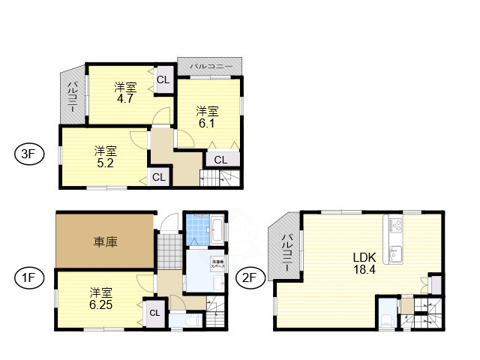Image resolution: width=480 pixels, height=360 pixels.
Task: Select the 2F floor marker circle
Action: pos(247,278)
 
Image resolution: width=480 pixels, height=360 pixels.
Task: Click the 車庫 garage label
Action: pos(105,242)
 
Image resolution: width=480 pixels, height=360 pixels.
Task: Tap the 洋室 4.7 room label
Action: pos(124,91)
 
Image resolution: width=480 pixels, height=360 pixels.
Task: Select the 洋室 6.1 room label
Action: pos(208,117)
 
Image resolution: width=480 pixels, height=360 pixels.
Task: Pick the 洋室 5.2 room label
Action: pos(105,156)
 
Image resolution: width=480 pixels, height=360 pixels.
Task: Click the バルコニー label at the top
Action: pos(210,66)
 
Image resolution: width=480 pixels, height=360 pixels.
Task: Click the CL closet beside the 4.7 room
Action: pos(163,79)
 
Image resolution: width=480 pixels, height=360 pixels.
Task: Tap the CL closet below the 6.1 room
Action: pos(221,159)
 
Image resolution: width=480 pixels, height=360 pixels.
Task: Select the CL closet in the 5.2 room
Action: pos(158,177)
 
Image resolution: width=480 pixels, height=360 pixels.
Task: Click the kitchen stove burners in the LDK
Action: pos(395,223)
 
